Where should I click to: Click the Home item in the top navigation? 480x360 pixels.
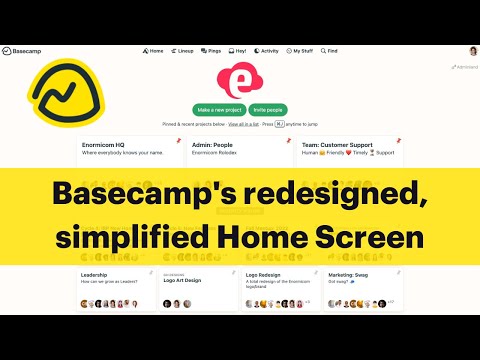pyautogui.click(x=153, y=50)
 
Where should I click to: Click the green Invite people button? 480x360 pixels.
pyautogui.click(x=269, y=109)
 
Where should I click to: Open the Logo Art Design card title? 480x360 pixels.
pyautogui.click(x=184, y=281)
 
